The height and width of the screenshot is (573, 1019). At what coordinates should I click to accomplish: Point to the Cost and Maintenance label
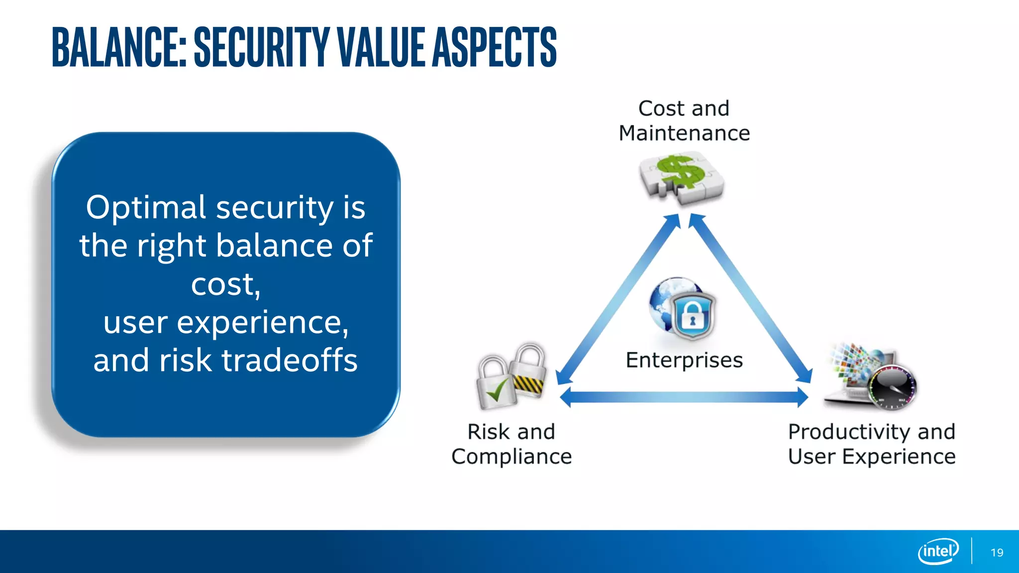684,121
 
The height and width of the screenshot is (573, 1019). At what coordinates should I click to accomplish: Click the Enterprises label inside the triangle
684,360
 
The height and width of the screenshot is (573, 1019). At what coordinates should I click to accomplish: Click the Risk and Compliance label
511,444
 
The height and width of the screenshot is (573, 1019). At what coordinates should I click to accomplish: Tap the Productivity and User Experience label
872,444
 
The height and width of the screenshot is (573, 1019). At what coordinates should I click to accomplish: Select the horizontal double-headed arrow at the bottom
684,397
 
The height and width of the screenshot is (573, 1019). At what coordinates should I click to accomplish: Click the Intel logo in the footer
938,551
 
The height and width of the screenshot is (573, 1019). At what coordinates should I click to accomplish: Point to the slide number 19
997,553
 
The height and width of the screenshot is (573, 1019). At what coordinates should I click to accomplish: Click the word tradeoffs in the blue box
290,360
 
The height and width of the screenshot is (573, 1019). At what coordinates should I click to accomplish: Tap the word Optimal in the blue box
145,207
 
